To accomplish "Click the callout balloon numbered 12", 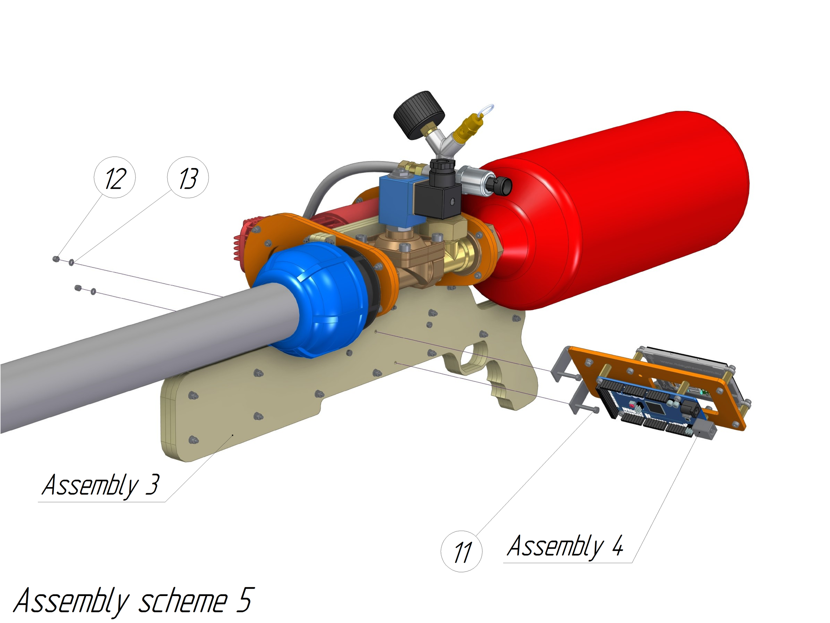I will (x=114, y=177).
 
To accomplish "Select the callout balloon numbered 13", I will (x=187, y=177).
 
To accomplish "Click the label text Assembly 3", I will (x=101, y=485).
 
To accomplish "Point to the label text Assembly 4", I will (x=565, y=547).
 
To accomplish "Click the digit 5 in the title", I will (x=246, y=600).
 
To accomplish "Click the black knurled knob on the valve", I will (x=418, y=114).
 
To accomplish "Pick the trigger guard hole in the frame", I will (x=473, y=358).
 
